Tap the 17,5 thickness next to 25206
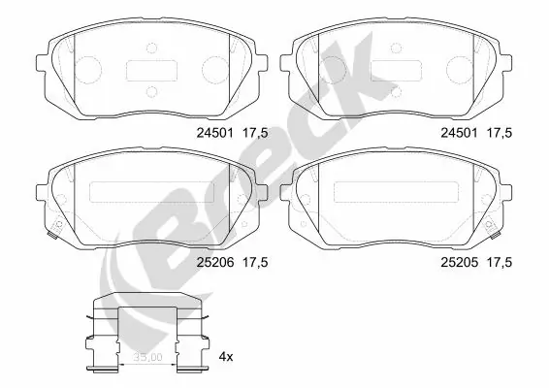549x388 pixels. (x=254, y=262)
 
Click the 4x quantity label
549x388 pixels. (x=227, y=357)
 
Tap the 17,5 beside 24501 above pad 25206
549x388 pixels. (x=254, y=133)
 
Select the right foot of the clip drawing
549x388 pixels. (x=200, y=367)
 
